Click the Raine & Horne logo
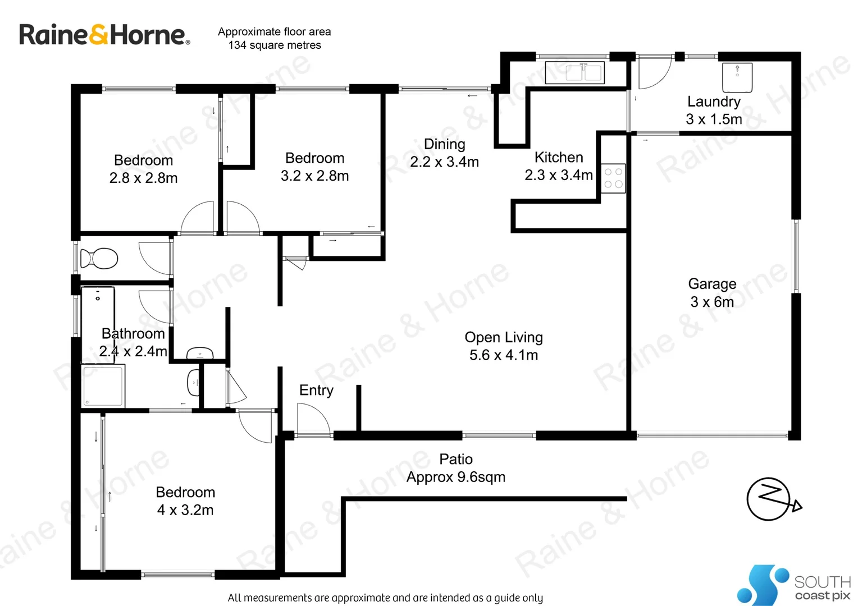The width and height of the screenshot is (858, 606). tap(104, 35)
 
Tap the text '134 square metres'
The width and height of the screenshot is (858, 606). tap(275, 45)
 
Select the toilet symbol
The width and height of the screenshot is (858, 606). tap(99, 259)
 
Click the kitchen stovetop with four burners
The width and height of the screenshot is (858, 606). tap(613, 178)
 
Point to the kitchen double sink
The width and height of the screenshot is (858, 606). tap(583, 73)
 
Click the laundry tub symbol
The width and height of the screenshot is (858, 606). tap(737, 77)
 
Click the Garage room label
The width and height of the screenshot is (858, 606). tap(712, 284)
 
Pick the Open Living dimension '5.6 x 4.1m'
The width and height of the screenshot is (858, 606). tap(504, 355)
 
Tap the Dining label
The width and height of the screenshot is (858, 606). tap(444, 144)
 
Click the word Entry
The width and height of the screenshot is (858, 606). tap(316, 391)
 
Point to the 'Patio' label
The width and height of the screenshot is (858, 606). tap(455, 460)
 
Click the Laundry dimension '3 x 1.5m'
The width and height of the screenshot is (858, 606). tap(714, 120)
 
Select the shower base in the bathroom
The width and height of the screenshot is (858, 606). tap(103, 385)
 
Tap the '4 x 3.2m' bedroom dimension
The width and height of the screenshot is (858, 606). tap(185, 510)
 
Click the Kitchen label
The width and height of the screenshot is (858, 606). tap(559, 158)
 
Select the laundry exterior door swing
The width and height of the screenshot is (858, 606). tap(653, 74)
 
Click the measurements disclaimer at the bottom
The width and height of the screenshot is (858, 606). tap(385, 598)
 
